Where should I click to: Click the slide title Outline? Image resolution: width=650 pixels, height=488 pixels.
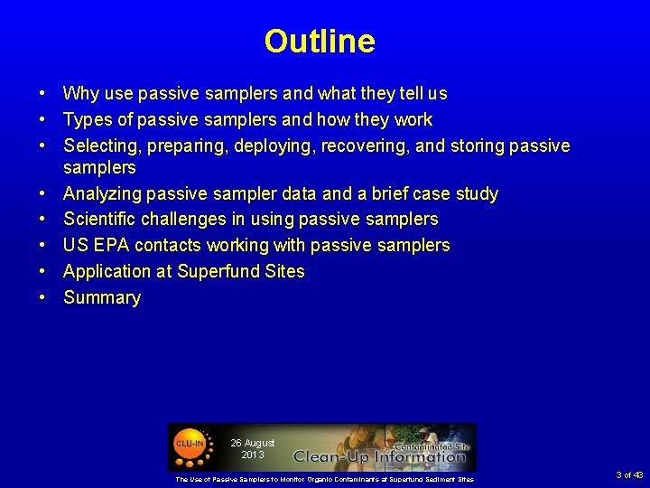pos(320,42)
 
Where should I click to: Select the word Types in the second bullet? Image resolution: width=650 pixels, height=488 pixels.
pos(87,120)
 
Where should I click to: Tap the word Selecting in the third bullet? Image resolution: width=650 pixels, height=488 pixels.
pos(99,146)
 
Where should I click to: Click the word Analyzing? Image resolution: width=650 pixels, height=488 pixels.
pos(101,194)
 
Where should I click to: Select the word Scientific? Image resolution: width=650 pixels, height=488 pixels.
pos(101,220)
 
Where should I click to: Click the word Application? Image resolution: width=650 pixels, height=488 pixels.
pos(106,272)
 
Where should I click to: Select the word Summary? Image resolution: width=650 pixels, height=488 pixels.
pos(102,298)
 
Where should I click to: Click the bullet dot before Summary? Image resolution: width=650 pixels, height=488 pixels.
pos(42,298)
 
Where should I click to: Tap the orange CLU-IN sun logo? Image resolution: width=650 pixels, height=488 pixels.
pos(190,446)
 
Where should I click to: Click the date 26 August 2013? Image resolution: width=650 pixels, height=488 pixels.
pos(252,448)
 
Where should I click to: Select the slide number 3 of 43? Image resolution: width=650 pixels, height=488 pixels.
pos(628,475)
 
